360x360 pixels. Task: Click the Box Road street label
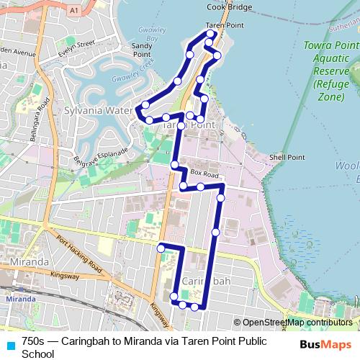[204, 174]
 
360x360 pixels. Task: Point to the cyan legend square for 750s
[9, 343]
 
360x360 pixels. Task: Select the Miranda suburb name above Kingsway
[25, 261]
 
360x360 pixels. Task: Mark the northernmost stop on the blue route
[210, 34]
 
